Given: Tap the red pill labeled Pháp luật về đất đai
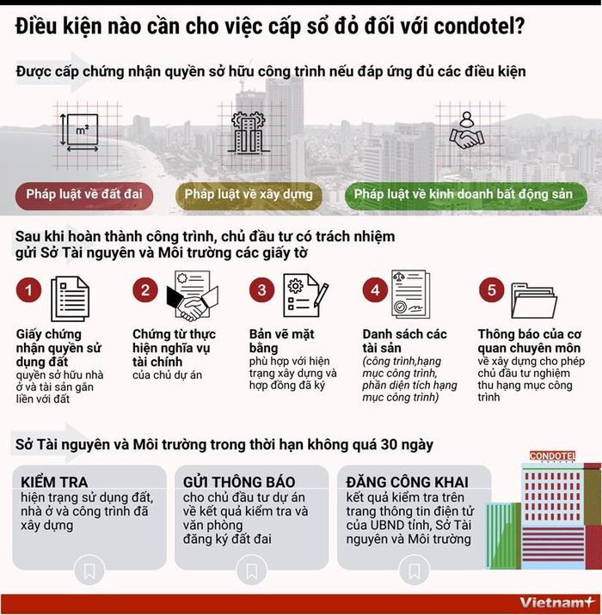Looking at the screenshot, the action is point(84,194).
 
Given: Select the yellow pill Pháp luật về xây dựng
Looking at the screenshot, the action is point(249,194).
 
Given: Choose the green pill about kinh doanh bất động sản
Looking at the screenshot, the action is point(466,194).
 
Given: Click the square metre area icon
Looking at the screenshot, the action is point(80,132).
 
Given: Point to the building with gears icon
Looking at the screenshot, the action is point(249,132).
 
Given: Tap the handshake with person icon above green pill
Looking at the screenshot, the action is point(467,131).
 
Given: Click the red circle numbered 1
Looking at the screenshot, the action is point(28,289).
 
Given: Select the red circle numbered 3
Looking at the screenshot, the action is point(262,289).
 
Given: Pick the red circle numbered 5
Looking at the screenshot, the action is point(492,289).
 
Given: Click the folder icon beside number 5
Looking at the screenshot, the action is point(534,301).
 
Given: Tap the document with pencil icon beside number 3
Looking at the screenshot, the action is point(306,295).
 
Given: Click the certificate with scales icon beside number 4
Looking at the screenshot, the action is point(411,294).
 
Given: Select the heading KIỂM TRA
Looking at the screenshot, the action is point(54,482).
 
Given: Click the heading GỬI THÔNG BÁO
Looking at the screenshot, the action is point(239,482).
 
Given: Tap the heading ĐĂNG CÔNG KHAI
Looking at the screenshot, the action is point(408,482).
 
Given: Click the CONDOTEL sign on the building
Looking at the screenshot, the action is point(552,456).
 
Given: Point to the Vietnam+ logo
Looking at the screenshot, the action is point(557,602).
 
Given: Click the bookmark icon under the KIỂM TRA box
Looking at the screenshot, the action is point(89,570).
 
